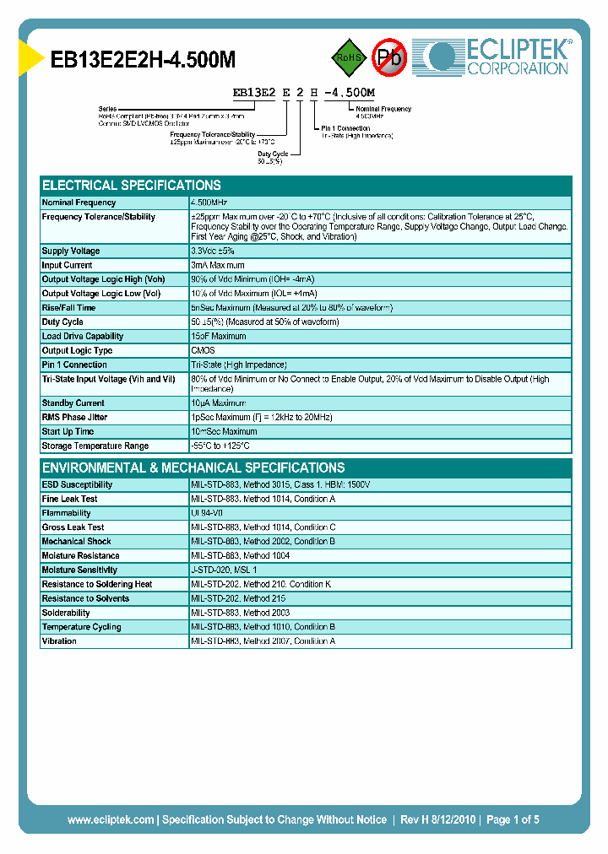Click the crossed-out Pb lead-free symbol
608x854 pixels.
point(390,57)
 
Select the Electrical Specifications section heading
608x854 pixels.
point(132,185)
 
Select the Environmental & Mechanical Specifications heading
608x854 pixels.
point(193,468)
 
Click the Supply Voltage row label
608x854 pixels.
point(71,251)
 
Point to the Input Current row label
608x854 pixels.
point(68,266)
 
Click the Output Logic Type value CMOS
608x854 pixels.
point(204,351)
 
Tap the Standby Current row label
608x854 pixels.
point(73,403)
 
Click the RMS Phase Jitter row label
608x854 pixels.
point(74,418)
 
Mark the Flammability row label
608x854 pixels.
point(66,513)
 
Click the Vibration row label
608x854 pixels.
point(59,641)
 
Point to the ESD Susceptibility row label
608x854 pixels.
point(77,485)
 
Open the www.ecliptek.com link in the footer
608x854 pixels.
point(111,819)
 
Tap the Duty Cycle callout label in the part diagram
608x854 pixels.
point(273,154)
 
